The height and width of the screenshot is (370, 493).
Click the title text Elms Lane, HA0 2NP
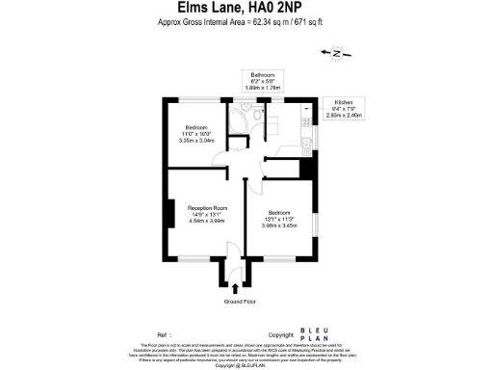245,11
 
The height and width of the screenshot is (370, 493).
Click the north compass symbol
335,55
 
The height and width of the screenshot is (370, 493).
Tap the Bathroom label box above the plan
263,80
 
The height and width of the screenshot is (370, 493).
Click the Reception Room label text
207,206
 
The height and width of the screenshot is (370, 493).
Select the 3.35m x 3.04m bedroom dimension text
197,141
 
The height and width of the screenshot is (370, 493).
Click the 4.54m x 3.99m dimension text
207,220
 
